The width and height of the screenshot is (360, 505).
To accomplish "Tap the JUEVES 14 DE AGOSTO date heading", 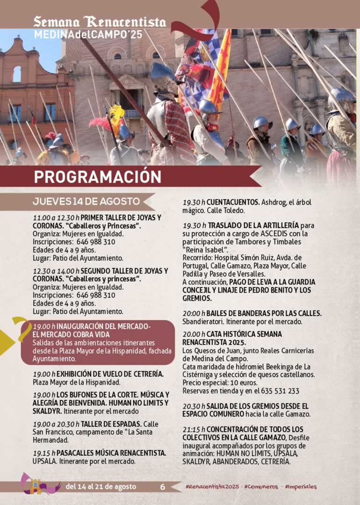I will [x=86, y=202].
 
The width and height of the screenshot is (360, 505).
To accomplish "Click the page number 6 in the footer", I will [x=163, y=487].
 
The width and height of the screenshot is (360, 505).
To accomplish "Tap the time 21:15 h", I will [x=194, y=429].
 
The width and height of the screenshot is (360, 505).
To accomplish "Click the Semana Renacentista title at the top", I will [x=100, y=22].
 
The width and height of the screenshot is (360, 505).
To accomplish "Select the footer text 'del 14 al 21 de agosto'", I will [x=101, y=487].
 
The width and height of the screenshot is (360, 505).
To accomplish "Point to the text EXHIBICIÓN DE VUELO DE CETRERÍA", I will [x=110, y=374].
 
